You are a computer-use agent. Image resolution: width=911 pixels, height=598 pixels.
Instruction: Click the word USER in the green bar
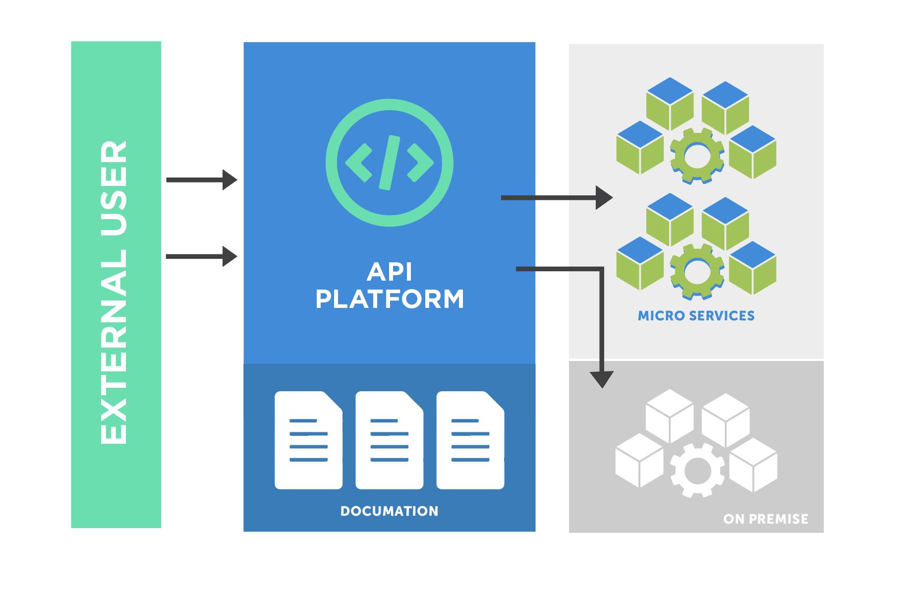pyautogui.click(x=114, y=184)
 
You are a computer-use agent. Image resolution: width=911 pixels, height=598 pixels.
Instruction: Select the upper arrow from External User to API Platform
pyautogui.click(x=201, y=179)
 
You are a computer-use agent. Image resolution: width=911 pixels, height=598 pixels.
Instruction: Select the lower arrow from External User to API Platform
pyautogui.click(x=201, y=256)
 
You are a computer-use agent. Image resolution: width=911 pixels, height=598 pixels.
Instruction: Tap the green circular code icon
pyautogui.click(x=389, y=162)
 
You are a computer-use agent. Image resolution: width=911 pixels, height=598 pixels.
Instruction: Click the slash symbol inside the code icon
pyautogui.click(x=389, y=162)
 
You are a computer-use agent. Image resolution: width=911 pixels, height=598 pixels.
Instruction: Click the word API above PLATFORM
pyautogui.click(x=389, y=272)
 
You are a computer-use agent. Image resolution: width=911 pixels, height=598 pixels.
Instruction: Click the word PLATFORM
pyautogui.click(x=389, y=299)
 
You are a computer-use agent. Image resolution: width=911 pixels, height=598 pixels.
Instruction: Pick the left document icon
pyautogui.click(x=308, y=440)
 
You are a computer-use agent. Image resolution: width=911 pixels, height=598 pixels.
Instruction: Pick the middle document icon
pyautogui.click(x=389, y=440)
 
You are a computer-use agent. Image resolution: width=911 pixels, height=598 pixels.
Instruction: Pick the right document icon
pyautogui.click(x=470, y=440)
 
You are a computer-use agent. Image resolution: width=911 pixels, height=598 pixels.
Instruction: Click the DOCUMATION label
pyautogui.click(x=389, y=511)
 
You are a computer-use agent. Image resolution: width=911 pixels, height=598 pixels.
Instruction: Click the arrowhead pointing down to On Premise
pyautogui.click(x=602, y=379)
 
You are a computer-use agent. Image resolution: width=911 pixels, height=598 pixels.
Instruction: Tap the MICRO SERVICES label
pyautogui.click(x=696, y=316)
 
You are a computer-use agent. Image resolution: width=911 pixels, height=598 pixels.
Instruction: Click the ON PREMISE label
pyautogui.click(x=765, y=519)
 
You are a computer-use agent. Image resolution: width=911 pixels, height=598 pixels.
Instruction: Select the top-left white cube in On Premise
pyautogui.click(x=669, y=416)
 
